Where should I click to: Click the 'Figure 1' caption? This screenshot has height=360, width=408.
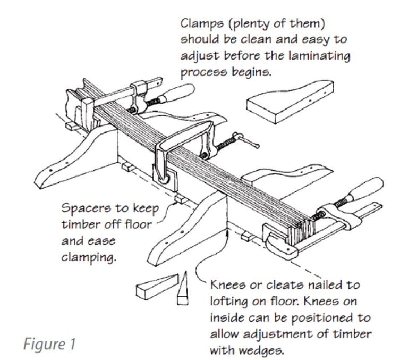(49, 343)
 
